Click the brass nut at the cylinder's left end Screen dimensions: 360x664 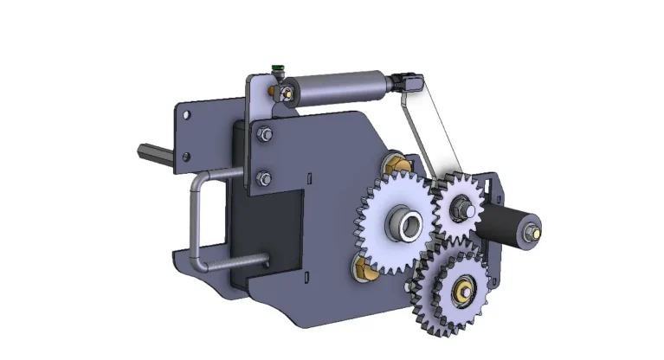coord(284,92)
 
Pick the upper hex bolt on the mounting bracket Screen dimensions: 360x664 coord(264,133)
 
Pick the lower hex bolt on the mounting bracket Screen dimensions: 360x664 coord(264,178)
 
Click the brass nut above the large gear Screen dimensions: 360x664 coord(394,160)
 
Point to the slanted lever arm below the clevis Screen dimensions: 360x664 coord(426,134)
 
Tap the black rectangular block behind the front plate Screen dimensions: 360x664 coord(268,232)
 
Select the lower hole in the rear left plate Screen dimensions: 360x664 coord(184,156)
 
